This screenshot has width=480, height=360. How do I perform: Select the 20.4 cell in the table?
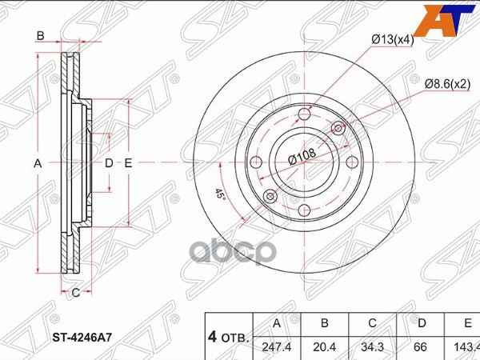324,346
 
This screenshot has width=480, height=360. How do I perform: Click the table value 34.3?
372,346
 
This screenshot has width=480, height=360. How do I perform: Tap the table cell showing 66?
421,346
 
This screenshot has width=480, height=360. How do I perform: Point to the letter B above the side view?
39,37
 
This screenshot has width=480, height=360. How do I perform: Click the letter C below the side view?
74,292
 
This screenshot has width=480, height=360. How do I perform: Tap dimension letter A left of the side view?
36,162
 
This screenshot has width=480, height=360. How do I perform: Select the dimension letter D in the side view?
110,162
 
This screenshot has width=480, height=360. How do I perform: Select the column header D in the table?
421,324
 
